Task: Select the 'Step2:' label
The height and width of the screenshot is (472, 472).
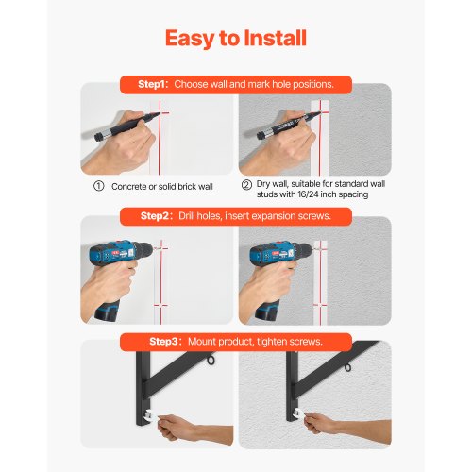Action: (x=158, y=216)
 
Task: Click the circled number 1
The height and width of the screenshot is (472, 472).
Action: (x=97, y=186)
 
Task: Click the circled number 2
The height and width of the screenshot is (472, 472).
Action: (x=246, y=185)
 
